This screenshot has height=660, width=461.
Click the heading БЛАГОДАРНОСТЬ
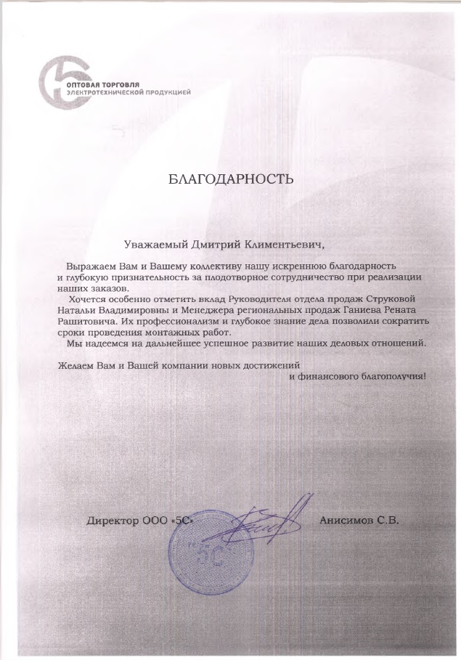230,179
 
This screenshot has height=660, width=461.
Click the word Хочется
87,299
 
